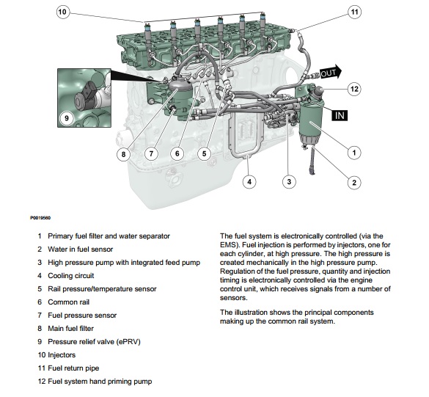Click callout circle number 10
(62, 12)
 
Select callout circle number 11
(354, 12)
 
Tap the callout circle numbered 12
(354, 89)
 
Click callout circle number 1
(354, 153)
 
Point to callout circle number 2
(354, 183)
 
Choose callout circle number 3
(290, 181)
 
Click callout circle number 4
(249, 181)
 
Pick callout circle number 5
(205, 153)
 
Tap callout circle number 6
(177, 153)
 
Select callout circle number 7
(150, 153)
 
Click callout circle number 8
(123, 153)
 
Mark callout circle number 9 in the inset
(67, 117)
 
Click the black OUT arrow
(329, 72)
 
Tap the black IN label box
(339, 115)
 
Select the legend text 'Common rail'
(68, 302)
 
